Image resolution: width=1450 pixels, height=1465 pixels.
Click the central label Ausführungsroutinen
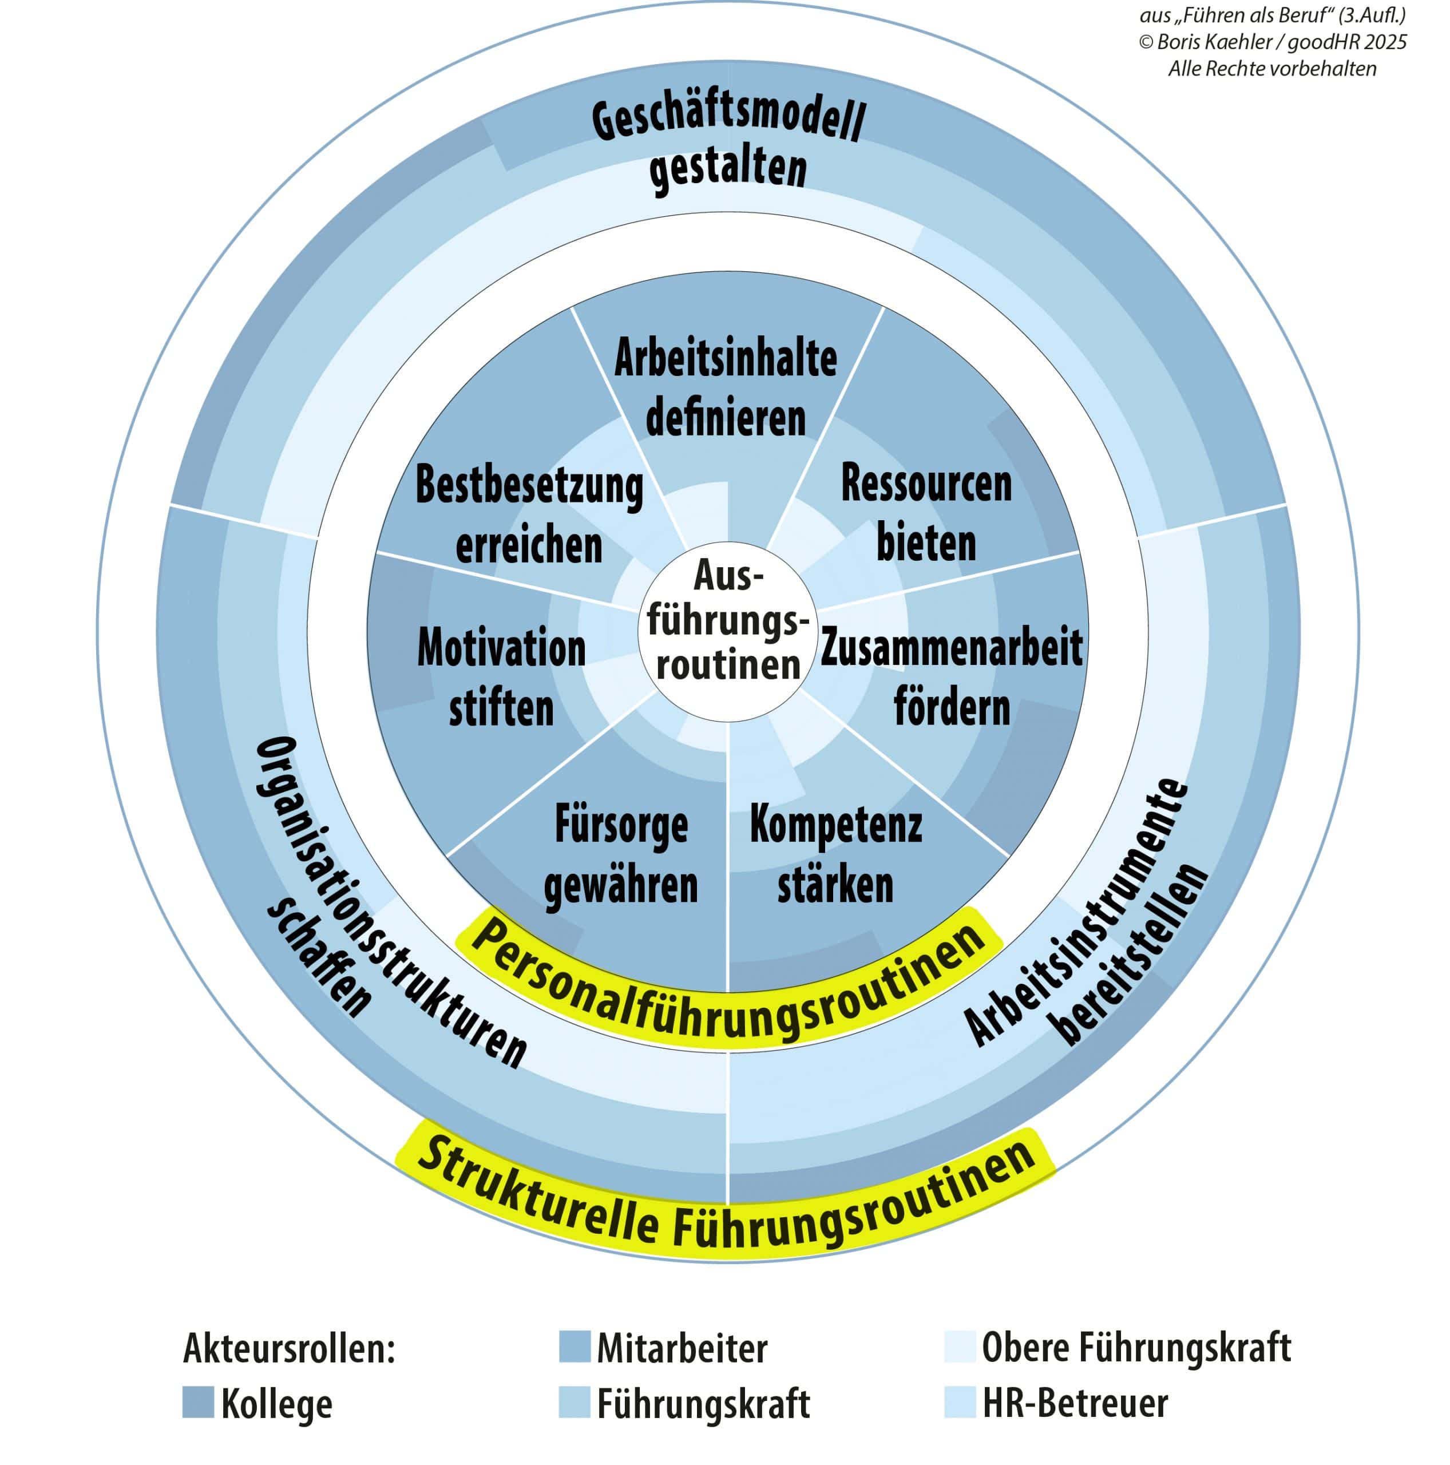[727, 621]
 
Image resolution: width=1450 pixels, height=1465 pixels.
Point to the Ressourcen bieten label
[926, 513]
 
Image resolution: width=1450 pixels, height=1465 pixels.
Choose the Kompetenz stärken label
[835, 854]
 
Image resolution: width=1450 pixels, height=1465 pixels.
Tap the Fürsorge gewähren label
[621, 854]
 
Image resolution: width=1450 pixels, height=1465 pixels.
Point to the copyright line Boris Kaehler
[1272, 42]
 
